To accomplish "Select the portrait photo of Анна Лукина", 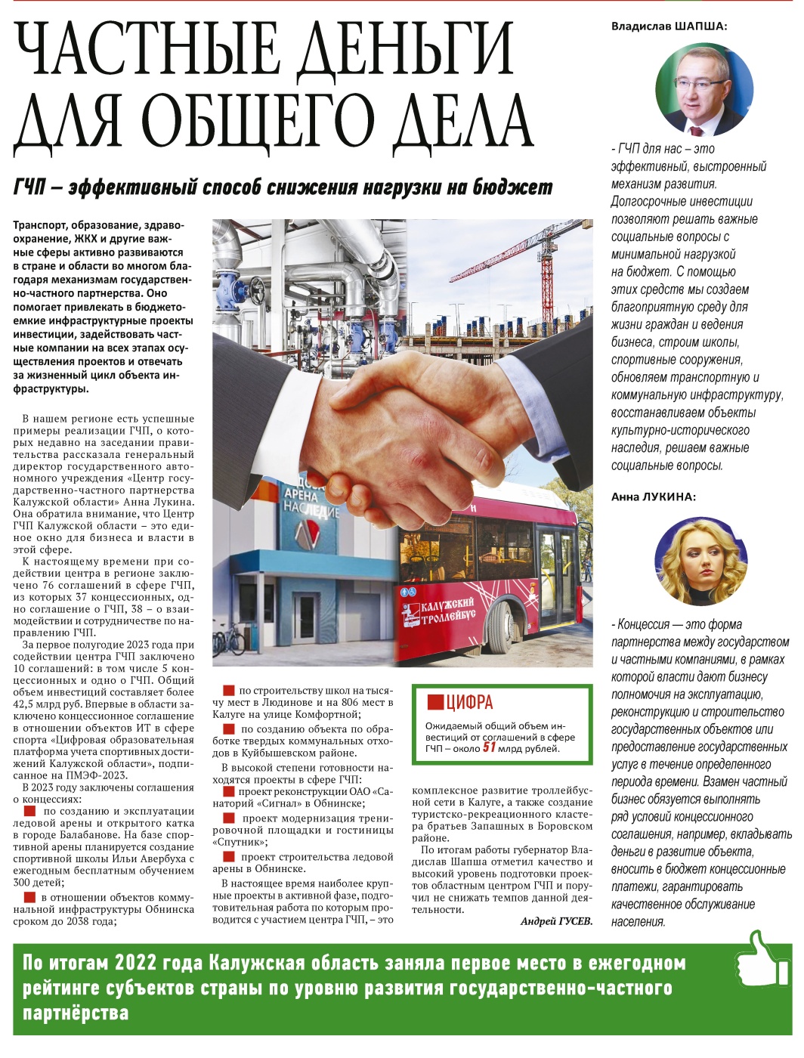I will pyautogui.click(x=700, y=562).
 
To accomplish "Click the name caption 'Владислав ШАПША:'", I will pyautogui.click(x=669, y=26).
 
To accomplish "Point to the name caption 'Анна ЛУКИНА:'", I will pyautogui.click(x=653, y=497).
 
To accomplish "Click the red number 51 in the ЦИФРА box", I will pyautogui.click(x=490, y=747).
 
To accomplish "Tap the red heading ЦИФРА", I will pyautogui.click(x=468, y=702).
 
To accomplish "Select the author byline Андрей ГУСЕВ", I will pyautogui.click(x=556, y=921).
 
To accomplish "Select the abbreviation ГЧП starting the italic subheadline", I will pyautogui.click(x=30, y=187).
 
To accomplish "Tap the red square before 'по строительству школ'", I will pyautogui.click(x=228, y=690).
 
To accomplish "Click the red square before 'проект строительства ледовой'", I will pyautogui.click(x=228, y=857).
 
